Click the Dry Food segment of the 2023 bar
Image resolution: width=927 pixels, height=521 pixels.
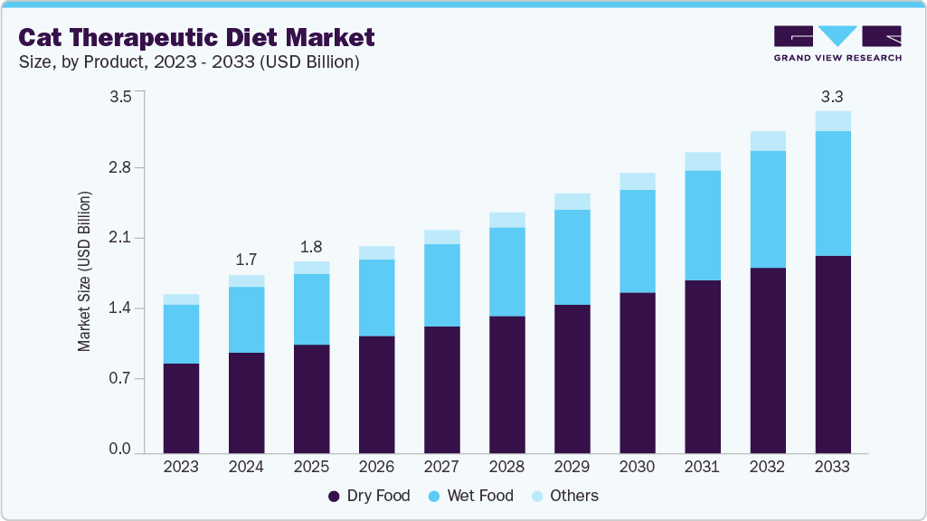[x=181, y=407]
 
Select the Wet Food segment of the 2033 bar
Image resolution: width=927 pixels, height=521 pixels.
[x=832, y=194]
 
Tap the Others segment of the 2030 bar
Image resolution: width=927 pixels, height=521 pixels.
[x=637, y=181]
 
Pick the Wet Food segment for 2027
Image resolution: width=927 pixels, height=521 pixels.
[x=441, y=285]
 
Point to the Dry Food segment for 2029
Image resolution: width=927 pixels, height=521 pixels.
[x=572, y=378]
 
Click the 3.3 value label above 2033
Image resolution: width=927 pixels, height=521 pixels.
[x=832, y=96]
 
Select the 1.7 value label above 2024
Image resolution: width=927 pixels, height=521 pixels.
[x=246, y=260]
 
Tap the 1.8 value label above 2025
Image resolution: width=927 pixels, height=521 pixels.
[x=311, y=247]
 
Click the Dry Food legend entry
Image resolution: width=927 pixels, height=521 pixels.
[x=369, y=496]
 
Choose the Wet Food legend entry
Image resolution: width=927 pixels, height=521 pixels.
[x=469, y=496]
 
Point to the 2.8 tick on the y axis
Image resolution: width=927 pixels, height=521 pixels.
[x=121, y=167]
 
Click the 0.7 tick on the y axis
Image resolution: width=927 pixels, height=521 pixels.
[x=121, y=378]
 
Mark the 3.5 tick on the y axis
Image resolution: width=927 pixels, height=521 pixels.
[x=121, y=97]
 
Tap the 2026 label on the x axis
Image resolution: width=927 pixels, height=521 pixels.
[x=376, y=467]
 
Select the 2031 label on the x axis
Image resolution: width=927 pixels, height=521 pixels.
[x=702, y=467]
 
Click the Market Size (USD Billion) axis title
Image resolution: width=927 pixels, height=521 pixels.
[x=84, y=271]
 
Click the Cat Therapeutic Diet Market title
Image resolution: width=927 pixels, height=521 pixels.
[x=195, y=38]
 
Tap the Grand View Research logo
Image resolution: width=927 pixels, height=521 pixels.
[x=837, y=43]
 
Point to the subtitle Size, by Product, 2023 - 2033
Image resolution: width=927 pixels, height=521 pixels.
[x=189, y=62]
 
